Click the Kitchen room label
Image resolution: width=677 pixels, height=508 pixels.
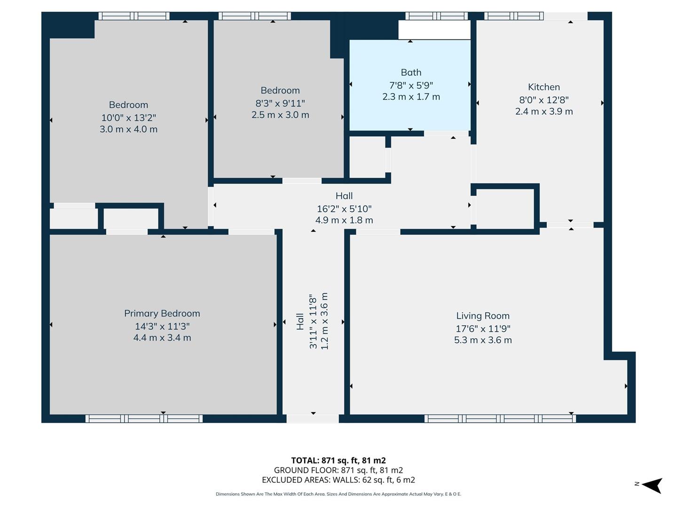(543, 87)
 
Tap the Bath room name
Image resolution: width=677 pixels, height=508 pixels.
(411, 72)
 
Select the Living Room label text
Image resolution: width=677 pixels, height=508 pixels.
(482, 316)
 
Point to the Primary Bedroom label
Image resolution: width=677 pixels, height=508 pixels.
(162, 313)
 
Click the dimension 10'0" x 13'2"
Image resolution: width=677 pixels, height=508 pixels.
(128, 118)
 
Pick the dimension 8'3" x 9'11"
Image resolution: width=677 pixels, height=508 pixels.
(280, 103)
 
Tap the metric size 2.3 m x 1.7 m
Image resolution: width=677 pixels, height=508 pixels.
(411, 97)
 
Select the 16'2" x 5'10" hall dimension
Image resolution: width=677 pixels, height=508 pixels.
(344, 208)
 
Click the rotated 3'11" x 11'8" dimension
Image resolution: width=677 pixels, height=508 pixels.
(313, 321)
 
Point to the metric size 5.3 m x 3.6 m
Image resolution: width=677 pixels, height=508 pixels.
(482, 340)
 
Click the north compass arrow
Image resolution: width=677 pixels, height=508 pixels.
(652, 485)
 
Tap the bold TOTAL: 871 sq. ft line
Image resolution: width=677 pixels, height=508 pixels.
(338, 460)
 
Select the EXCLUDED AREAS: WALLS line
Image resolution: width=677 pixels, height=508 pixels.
(338, 480)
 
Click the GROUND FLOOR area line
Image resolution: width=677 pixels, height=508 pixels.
(338, 470)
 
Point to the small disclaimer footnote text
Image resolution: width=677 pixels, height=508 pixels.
(338, 494)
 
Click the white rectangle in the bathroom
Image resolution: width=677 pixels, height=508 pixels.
(434, 30)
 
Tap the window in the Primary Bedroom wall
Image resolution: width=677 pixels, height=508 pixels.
(144, 419)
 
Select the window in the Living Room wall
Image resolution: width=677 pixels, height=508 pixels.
(500, 419)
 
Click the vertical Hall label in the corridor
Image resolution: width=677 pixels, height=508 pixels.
(300, 321)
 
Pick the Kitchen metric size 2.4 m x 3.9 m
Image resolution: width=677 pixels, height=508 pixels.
(543, 111)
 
